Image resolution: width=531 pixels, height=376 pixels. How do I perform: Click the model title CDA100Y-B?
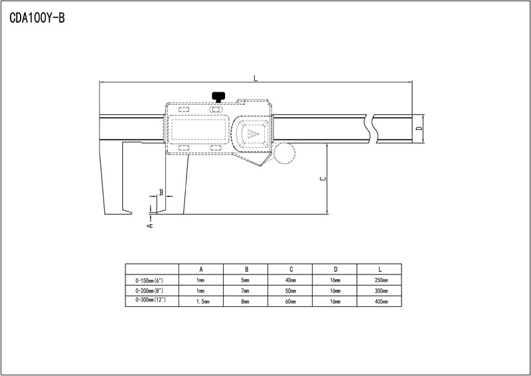[37, 18]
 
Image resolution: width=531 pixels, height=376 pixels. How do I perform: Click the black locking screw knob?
[218, 97]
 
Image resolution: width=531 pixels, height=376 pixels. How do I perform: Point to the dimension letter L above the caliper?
[256, 78]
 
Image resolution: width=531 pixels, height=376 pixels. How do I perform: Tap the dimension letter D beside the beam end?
[419, 129]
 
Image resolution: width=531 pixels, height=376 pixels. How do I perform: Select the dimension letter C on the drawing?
[323, 178]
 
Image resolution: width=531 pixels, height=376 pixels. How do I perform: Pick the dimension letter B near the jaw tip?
[161, 192]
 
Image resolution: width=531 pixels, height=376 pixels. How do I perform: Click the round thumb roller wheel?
[285, 153]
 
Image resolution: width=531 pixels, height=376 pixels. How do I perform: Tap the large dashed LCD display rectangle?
[198, 129]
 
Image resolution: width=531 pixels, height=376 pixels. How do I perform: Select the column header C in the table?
[291, 269]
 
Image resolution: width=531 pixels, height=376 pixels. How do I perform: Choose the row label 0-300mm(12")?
[151, 300]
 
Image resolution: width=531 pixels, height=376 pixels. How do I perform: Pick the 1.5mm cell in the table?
[203, 302]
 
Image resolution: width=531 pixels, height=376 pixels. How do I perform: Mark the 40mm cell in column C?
[291, 281]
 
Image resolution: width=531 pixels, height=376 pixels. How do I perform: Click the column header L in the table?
[380, 269]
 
